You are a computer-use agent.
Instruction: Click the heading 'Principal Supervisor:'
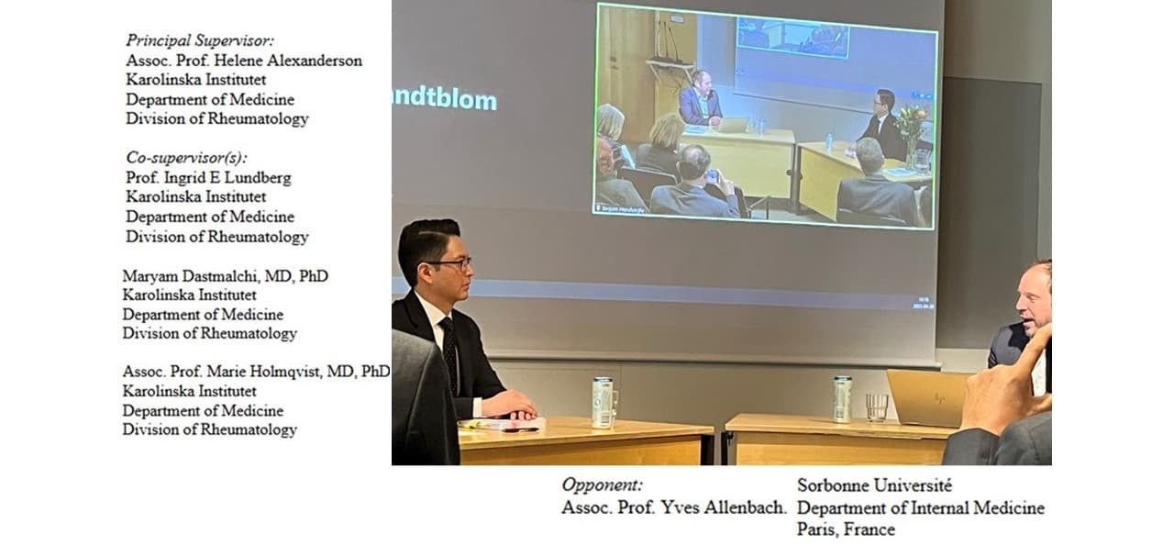[x=200, y=41]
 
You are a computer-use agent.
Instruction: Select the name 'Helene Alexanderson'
[x=288, y=61]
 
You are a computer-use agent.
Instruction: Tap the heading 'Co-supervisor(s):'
[x=186, y=158]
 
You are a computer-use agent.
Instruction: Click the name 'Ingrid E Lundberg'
[x=227, y=178]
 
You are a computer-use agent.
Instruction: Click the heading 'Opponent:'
[x=602, y=485]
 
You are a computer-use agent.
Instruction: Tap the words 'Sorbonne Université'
[x=874, y=485]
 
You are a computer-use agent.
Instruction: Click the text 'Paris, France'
[x=846, y=529]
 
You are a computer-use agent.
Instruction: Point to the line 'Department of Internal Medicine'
[x=921, y=508]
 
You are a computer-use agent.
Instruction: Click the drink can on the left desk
[x=603, y=402]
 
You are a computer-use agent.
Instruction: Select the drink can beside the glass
[x=843, y=398]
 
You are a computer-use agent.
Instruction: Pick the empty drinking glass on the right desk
[x=877, y=407]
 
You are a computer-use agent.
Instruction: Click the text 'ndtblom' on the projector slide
[x=445, y=100]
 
